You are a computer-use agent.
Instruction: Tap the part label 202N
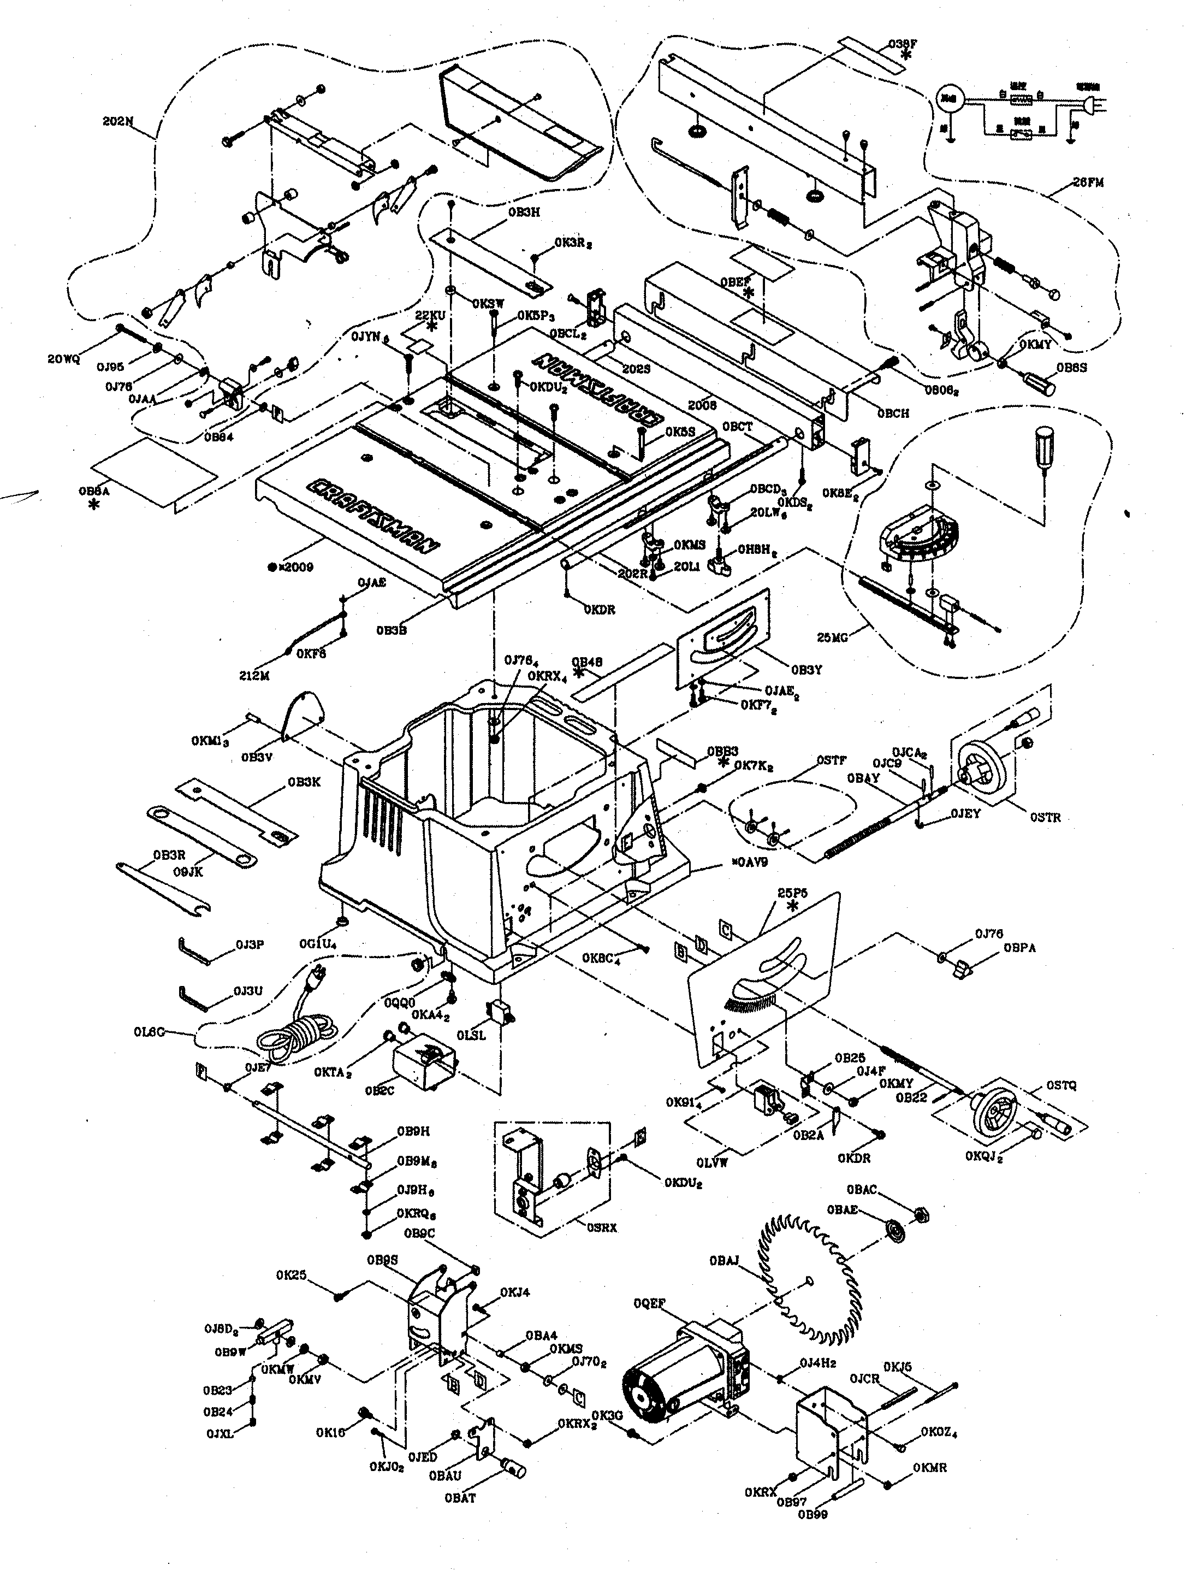(x=118, y=121)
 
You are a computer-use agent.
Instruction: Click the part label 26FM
(x=1088, y=182)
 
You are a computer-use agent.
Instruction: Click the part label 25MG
(x=832, y=637)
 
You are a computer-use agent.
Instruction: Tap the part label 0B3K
(x=304, y=782)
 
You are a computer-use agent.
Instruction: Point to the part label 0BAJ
(x=723, y=1261)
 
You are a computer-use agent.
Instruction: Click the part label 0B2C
(x=380, y=1091)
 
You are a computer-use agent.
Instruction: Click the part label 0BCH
(x=893, y=414)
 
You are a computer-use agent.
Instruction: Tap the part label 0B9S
(x=382, y=1260)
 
